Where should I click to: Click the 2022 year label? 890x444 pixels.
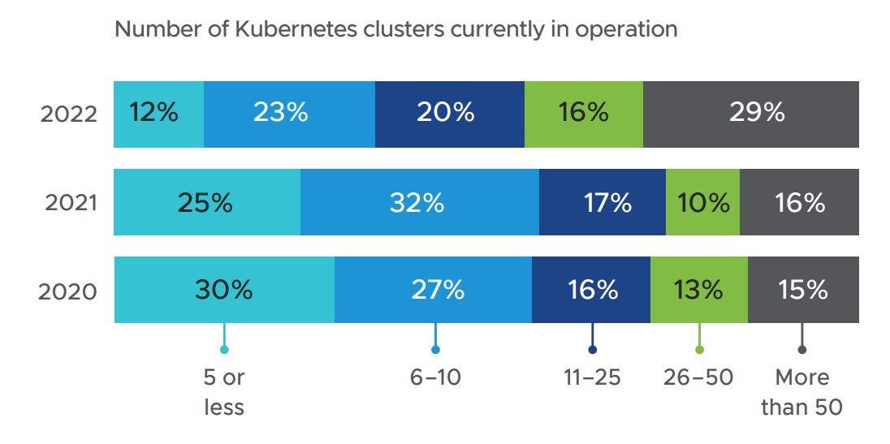(69, 114)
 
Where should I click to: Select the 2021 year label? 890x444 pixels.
(71, 203)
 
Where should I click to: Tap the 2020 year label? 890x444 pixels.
(67, 291)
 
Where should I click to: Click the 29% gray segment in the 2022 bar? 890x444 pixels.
(751, 114)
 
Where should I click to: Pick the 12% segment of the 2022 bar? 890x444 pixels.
(159, 114)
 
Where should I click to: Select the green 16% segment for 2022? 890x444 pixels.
(584, 114)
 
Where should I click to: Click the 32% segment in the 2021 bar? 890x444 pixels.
(420, 202)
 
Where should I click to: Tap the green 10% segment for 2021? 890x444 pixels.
(702, 202)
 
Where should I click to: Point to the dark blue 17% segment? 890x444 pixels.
(603, 202)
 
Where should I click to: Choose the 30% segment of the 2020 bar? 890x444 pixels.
(225, 290)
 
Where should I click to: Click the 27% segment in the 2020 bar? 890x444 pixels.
(433, 290)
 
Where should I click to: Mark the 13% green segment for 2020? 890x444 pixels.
(698, 290)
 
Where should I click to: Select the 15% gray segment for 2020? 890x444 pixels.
(803, 290)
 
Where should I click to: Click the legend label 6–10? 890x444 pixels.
(435, 377)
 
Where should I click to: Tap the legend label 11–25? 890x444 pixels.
(593, 377)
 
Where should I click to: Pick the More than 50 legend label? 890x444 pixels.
(802, 392)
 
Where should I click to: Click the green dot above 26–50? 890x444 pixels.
(699, 350)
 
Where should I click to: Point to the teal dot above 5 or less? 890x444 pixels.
(224, 350)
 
